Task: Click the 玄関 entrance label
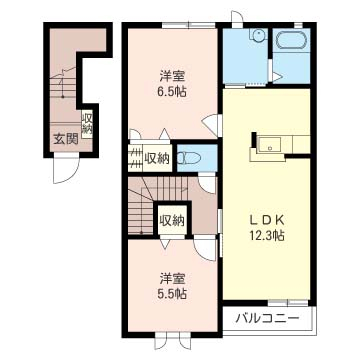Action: point(66,139)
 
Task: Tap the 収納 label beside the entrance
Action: point(87,124)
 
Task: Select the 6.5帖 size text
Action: point(172,91)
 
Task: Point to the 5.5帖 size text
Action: point(172,294)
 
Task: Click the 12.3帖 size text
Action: point(267,236)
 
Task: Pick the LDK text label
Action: point(267,220)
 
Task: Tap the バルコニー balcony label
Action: point(267,319)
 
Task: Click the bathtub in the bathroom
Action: point(291,41)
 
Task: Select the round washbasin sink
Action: point(257,35)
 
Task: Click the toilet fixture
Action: point(188,158)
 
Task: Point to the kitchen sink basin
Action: point(270,145)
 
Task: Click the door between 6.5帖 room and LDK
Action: point(212,125)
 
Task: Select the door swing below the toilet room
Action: point(207,183)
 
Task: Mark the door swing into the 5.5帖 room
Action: point(205,248)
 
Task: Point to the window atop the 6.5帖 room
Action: point(189,25)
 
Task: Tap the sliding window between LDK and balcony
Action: point(288,303)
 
